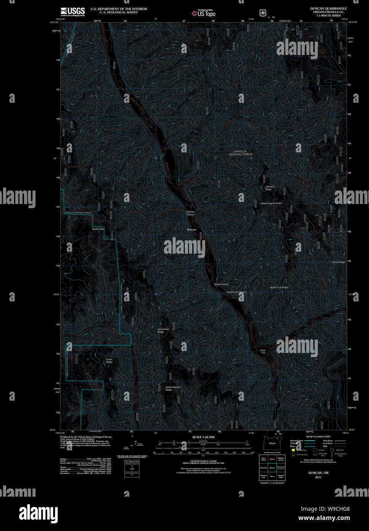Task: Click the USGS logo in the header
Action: [x=73, y=11]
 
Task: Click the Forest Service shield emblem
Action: [x=262, y=13]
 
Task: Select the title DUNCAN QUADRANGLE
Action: [x=328, y=8]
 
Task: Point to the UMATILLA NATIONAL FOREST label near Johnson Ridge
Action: [x=241, y=153]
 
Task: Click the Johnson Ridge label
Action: [x=270, y=188]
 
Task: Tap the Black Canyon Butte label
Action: [x=271, y=203]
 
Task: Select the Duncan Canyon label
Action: [x=190, y=213]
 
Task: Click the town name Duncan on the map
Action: [x=191, y=230]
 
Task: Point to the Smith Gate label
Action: [x=98, y=229]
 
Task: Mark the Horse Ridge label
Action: [x=338, y=262]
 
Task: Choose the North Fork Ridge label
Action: [x=279, y=287]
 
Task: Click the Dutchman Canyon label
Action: [x=236, y=292]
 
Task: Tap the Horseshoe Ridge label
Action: [x=163, y=330]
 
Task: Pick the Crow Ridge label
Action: [x=109, y=361]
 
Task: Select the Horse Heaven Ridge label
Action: [x=173, y=389]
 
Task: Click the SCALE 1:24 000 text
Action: [x=203, y=437]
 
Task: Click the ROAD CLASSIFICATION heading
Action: [x=318, y=437]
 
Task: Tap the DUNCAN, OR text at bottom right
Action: [x=318, y=473]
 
